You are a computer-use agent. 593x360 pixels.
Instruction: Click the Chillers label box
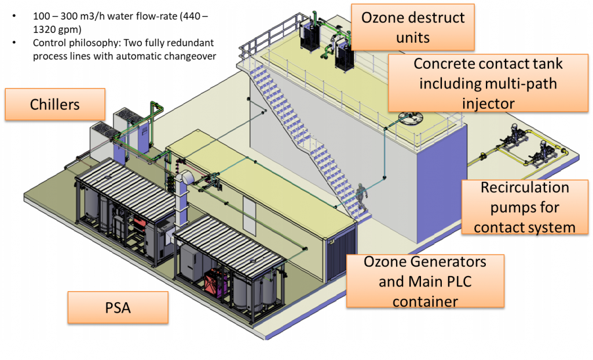coord(54,104)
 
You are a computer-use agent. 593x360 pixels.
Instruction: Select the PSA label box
coord(118,307)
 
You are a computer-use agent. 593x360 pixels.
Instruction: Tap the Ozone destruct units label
coord(412,27)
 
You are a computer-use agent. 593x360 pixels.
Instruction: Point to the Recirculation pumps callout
coord(525,207)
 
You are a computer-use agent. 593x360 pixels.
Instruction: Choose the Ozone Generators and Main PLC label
coord(425,281)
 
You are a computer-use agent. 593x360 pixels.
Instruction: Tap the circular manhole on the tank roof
coord(409,119)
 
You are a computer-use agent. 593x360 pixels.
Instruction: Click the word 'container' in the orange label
coord(425,301)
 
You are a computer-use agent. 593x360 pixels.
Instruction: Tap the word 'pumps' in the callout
coord(507,207)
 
